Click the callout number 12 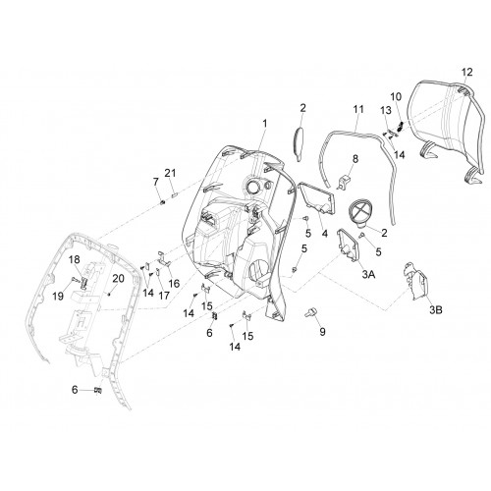pyautogui.click(x=467, y=72)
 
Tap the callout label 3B pyautogui.click(x=436, y=309)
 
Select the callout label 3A pyautogui.click(x=368, y=274)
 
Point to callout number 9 pyautogui.click(x=322, y=332)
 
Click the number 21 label pyautogui.click(x=170, y=173)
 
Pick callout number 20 pyautogui.click(x=118, y=279)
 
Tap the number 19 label pyautogui.click(x=58, y=297)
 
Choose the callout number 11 pyautogui.click(x=359, y=109)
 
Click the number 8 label pyautogui.click(x=355, y=159)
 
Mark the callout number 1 pyautogui.click(x=265, y=124)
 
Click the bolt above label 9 pyautogui.click(x=309, y=312)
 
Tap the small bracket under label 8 pyautogui.click(x=343, y=183)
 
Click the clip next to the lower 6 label pyautogui.click(x=97, y=390)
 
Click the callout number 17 pyautogui.click(x=164, y=296)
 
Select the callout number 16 pyautogui.click(x=174, y=283)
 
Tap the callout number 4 pyautogui.click(x=324, y=234)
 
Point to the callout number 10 pyautogui.click(x=396, y=97)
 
